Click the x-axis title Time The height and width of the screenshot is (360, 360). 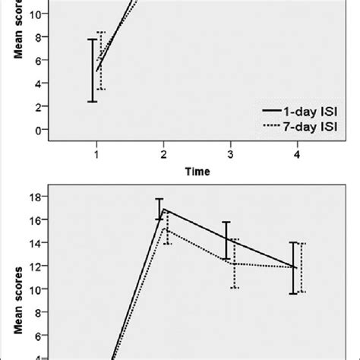(197, 172)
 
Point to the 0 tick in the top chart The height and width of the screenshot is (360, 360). (36, 130)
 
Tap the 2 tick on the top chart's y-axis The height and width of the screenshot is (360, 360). (36, 107)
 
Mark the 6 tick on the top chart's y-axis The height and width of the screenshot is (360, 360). (36, 61)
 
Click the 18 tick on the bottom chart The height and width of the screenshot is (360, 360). (33, 197)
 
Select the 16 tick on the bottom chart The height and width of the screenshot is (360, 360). (33, 219)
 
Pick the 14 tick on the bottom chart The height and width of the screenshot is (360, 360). (33, 242)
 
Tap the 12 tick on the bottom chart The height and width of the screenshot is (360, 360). (33, 266)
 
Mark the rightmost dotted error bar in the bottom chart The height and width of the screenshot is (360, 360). (302, 267)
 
